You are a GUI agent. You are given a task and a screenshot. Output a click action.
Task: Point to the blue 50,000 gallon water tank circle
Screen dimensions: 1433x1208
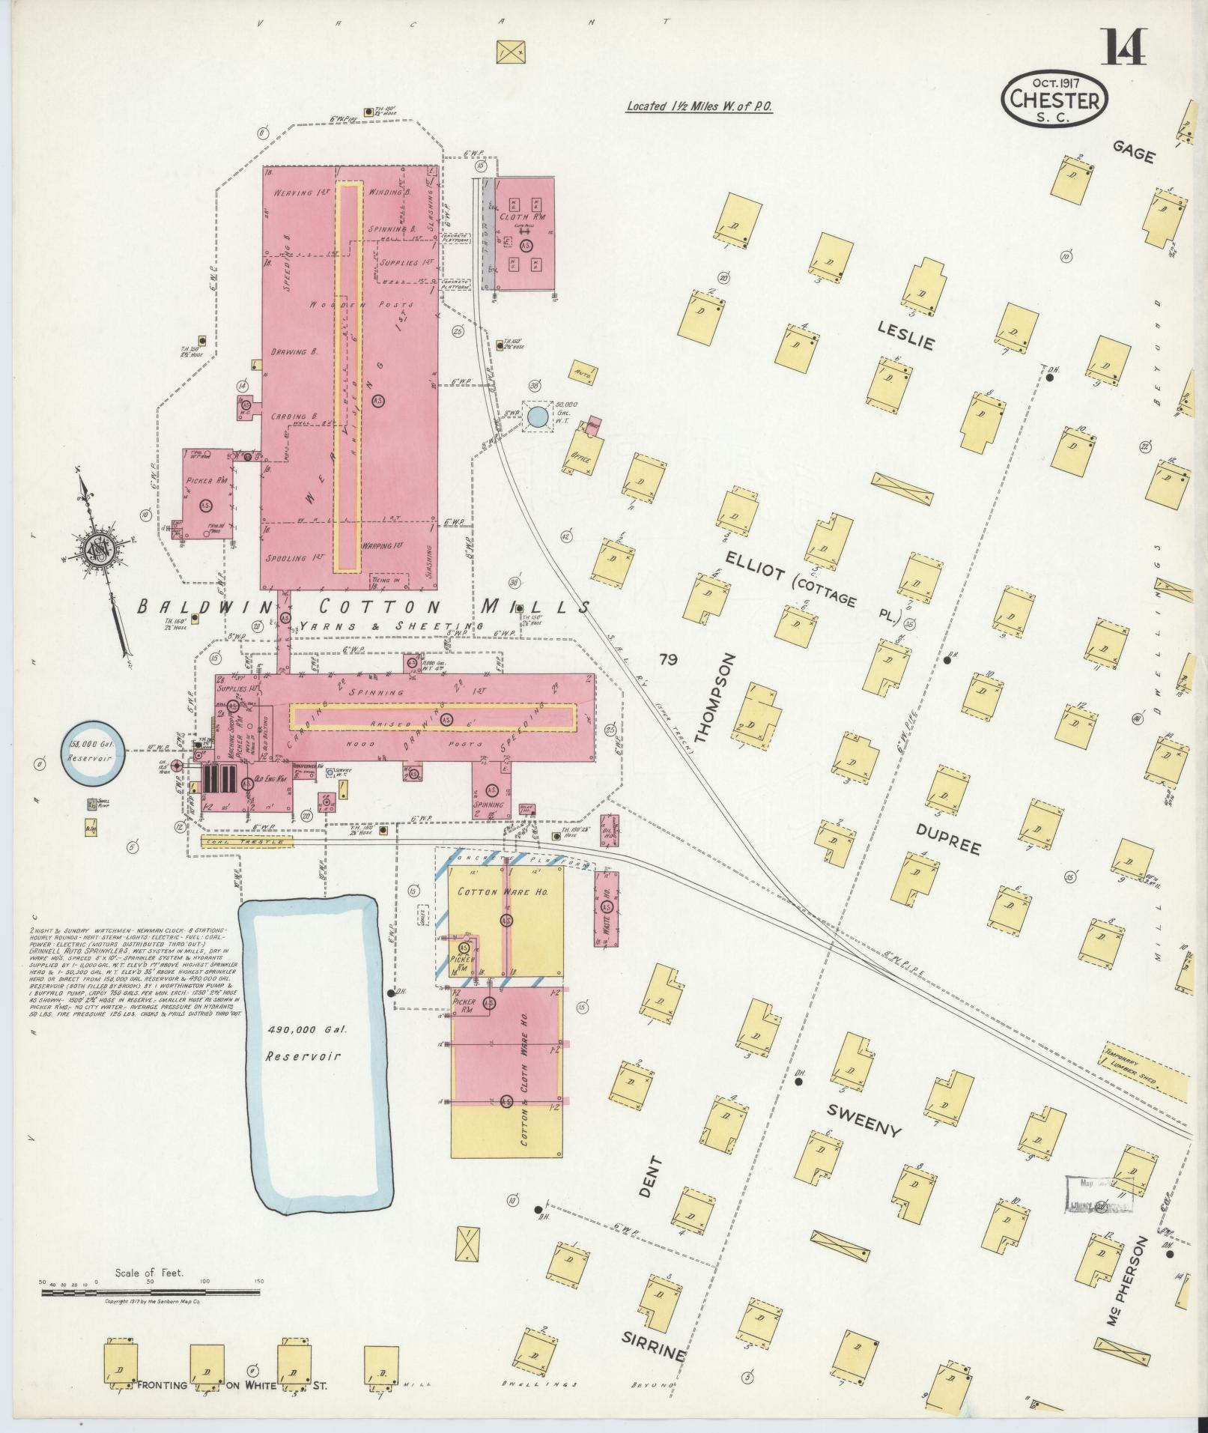coord(536,416)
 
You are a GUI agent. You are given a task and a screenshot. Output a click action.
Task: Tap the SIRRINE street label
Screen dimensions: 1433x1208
coord(653,1348)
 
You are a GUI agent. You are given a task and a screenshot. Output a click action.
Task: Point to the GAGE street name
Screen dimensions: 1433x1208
coord(1133,152)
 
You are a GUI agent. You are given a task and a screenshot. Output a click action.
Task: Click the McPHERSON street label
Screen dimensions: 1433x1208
coord(1126,1303)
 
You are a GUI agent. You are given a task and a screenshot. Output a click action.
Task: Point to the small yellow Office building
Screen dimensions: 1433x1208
coord(581,458)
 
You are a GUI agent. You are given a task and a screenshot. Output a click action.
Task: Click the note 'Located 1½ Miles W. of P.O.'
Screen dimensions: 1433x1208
coord(699,107)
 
